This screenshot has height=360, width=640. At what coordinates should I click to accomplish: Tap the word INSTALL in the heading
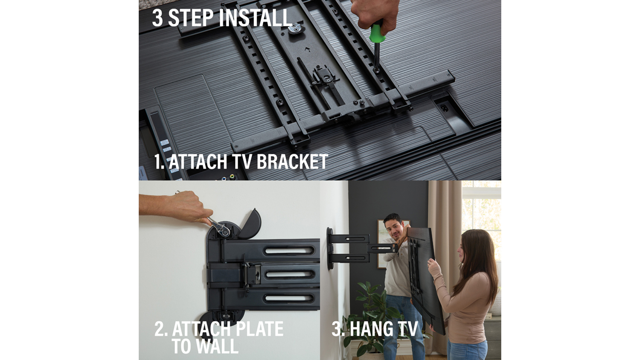(255, 18)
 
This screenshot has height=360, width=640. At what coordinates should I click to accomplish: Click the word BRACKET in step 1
(292, 162)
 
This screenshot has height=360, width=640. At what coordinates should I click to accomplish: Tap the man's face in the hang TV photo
(394, 227)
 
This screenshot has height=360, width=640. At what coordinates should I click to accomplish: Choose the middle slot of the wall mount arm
(289, 275)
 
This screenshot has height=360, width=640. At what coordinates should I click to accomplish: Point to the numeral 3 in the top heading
(157, 18)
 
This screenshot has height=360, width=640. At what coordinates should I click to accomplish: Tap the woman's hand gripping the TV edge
(433, 265)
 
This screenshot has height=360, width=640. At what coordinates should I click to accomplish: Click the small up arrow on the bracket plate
(308, 49)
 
